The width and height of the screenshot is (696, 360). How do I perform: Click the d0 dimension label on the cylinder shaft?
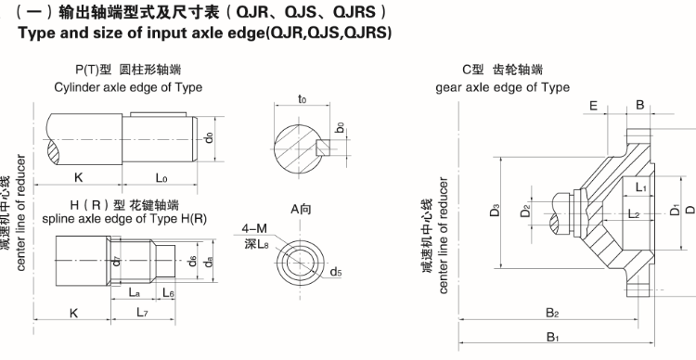click(208, 138)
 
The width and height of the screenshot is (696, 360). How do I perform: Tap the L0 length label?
click(161, 178)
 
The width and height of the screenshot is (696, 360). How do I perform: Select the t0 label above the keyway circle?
click(302, 99)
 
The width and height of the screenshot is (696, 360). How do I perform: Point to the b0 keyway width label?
click(340, 128)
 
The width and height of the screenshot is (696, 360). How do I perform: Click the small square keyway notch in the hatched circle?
click(323, 148)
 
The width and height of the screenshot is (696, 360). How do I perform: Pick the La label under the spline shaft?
click(135, 292)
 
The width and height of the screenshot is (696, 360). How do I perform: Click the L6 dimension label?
click(168, 292)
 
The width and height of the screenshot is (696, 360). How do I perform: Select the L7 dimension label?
click(142, 313)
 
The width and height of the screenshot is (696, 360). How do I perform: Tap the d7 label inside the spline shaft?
click(116, 261)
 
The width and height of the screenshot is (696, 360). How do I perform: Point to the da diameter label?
click(208, 262)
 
